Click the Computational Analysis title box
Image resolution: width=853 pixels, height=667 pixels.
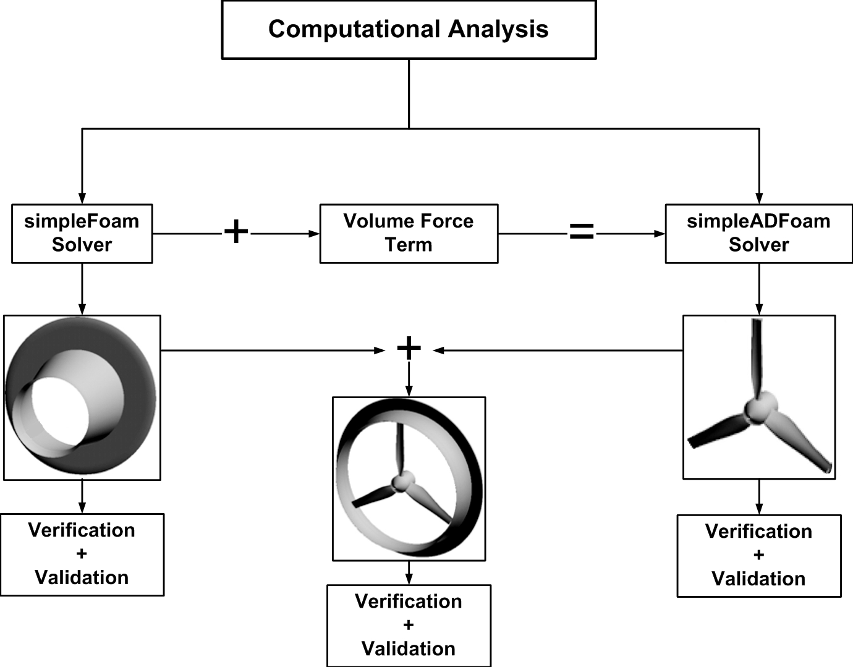[409, 30]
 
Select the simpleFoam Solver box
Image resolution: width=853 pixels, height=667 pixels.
[82, 234]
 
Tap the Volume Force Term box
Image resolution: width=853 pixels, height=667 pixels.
[409, 234]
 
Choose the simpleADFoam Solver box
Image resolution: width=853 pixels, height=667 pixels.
[758, 234]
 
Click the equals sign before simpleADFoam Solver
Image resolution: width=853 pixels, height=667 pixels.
[581, 232]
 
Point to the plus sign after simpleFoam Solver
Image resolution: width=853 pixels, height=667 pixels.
[236, 232]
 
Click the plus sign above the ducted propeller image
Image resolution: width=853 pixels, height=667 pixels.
[409, 349]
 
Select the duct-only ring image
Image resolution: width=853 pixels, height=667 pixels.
[82, 397]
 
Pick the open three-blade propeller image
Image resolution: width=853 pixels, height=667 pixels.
[758, 397]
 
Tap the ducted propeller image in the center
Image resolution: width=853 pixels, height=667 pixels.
[409, 479]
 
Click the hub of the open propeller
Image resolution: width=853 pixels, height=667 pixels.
[757, 408]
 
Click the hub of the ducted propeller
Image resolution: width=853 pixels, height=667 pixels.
[403, 482]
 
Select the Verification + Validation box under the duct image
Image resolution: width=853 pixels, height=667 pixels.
[82, 554]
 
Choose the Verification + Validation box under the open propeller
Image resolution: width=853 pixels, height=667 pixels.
[758, 556]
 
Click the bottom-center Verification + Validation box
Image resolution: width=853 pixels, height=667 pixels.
[409, 626]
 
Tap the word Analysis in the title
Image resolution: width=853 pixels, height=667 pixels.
[498, 30]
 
